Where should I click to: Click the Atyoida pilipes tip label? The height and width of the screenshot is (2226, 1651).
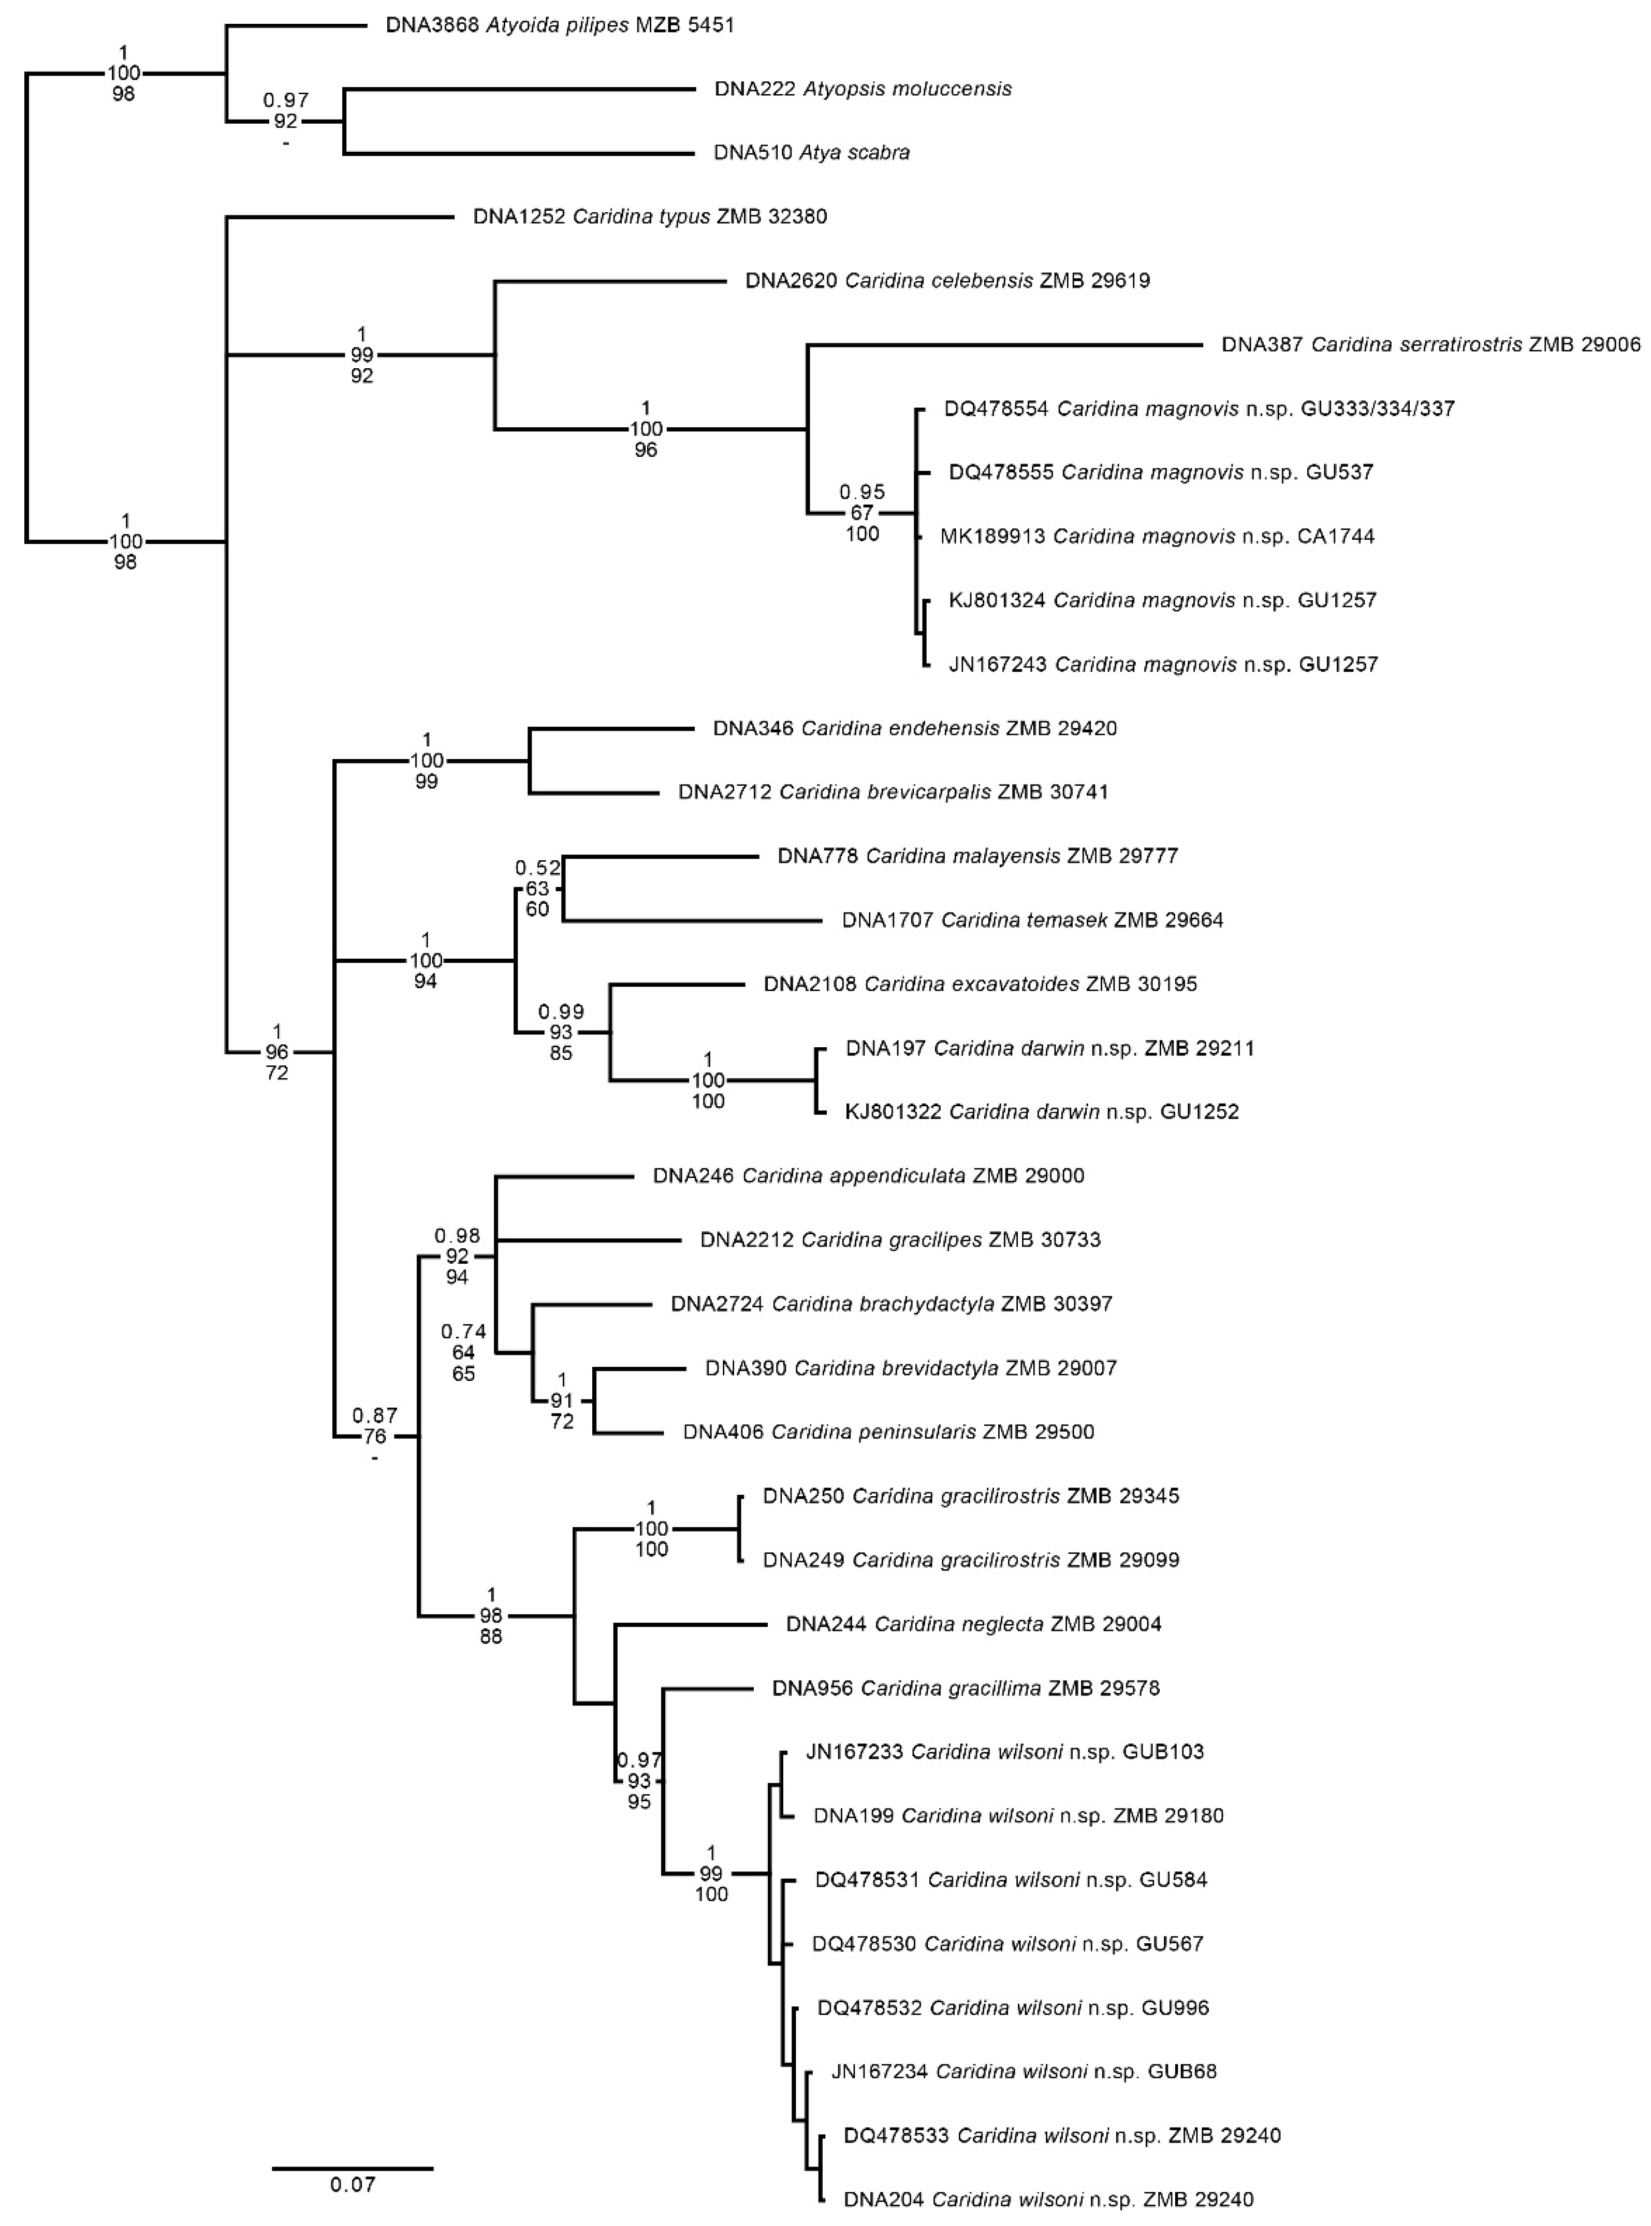(x=560, y=25)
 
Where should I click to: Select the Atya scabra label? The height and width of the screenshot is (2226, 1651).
(x=811, y=153)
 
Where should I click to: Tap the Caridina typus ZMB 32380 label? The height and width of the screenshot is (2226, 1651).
(x=650, y=217)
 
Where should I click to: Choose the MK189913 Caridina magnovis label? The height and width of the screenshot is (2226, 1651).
(x=1157, y=537)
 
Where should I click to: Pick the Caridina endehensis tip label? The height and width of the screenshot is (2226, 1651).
(x=914, y=729)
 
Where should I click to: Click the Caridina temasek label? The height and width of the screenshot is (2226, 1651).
(x=1032, y=920)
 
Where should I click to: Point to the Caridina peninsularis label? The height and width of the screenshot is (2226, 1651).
(x=888, y=1433)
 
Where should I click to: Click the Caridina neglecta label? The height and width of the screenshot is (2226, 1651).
(x=973, y=1624)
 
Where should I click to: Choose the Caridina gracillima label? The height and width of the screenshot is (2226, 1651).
(x=966, y=1688)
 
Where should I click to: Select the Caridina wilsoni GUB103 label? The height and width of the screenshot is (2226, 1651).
(x=1004, y=1752)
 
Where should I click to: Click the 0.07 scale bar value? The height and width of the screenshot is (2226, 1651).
(x=353, y=2185)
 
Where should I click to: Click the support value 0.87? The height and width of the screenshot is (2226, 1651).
(x=375, y=1415)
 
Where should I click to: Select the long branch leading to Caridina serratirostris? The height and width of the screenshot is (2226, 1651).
(x=1004, y=345)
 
